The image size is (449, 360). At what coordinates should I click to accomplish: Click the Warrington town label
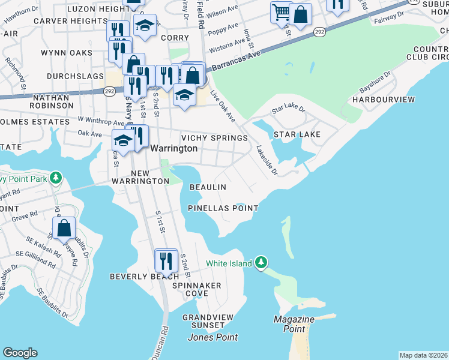[173, 148]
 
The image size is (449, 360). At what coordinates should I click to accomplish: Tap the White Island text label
[228, 263]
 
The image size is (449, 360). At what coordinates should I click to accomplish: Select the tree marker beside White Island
[261, 263]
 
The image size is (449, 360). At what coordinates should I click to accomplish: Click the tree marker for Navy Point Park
[55, 178]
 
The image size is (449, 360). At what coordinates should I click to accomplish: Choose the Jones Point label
[212, 337]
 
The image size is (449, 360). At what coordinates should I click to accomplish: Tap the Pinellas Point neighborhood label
[223, 208]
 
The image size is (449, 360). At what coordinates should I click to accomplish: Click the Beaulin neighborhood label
[208, 187]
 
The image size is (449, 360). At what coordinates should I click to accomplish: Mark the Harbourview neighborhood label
[383, 98]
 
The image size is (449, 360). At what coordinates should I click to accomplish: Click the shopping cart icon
[281, 11]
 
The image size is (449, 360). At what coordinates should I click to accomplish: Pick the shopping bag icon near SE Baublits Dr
[64, 229]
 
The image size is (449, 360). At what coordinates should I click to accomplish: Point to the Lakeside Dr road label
[267, 161]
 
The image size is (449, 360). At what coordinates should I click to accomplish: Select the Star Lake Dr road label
[288, 110]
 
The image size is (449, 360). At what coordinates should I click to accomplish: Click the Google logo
[20, 353]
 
